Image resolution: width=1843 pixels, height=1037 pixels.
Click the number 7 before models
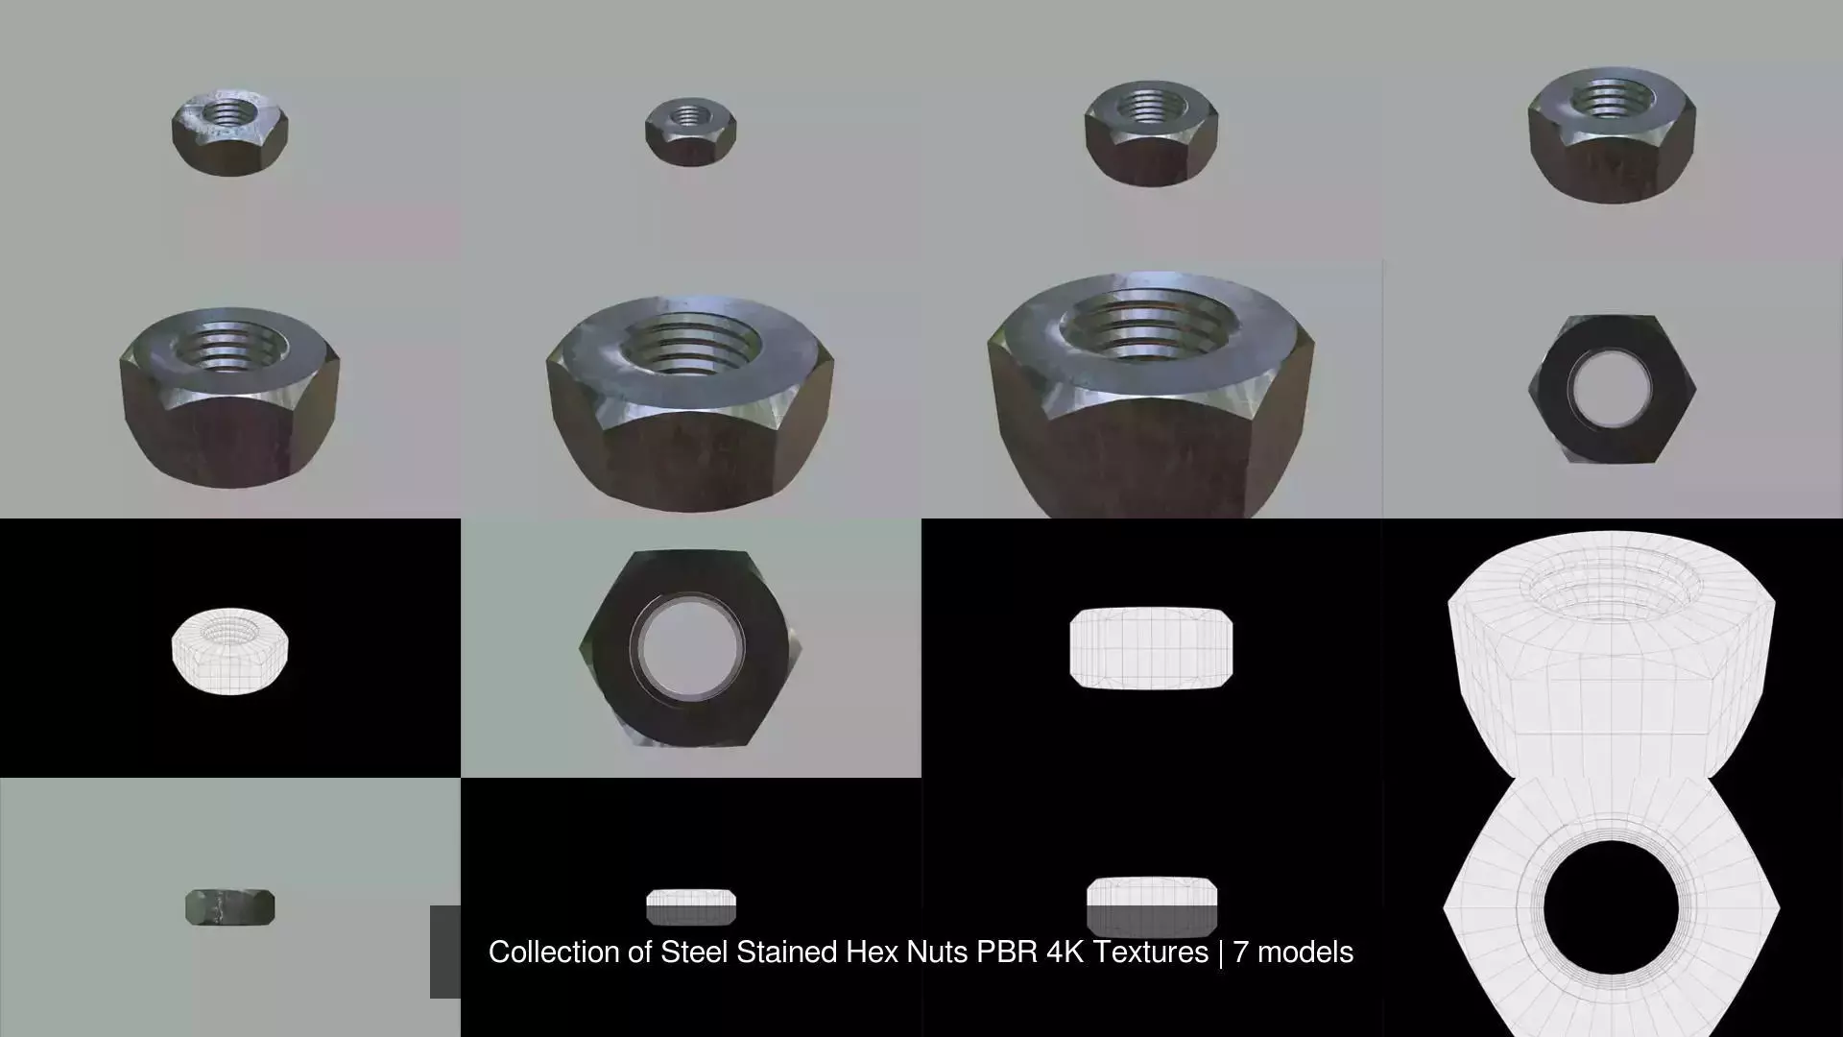pos(1241,952)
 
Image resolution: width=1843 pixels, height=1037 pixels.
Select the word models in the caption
pos(1305,952)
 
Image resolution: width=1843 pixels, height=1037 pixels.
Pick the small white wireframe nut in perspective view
pos(230,649)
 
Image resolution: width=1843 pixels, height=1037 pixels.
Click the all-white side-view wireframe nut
pos(1151,648)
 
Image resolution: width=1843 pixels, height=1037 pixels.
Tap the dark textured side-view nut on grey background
pos(230,907)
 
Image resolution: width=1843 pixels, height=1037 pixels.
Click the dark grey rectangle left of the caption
pos(445,951)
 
